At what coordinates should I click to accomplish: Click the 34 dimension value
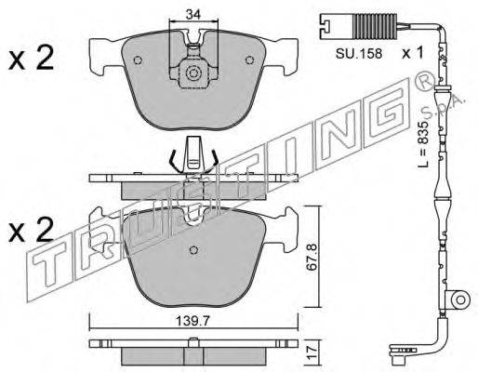click(193, 14)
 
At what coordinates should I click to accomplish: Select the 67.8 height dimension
click(312, 258)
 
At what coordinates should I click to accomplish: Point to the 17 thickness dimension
click(312, 352)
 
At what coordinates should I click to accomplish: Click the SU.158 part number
click(359, 54)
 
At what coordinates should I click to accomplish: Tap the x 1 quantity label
click(412, 53)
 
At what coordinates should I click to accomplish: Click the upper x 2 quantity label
click(31, 58)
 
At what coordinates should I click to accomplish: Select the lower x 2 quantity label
click(31, 229)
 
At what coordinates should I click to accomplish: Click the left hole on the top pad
click(138, 60)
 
